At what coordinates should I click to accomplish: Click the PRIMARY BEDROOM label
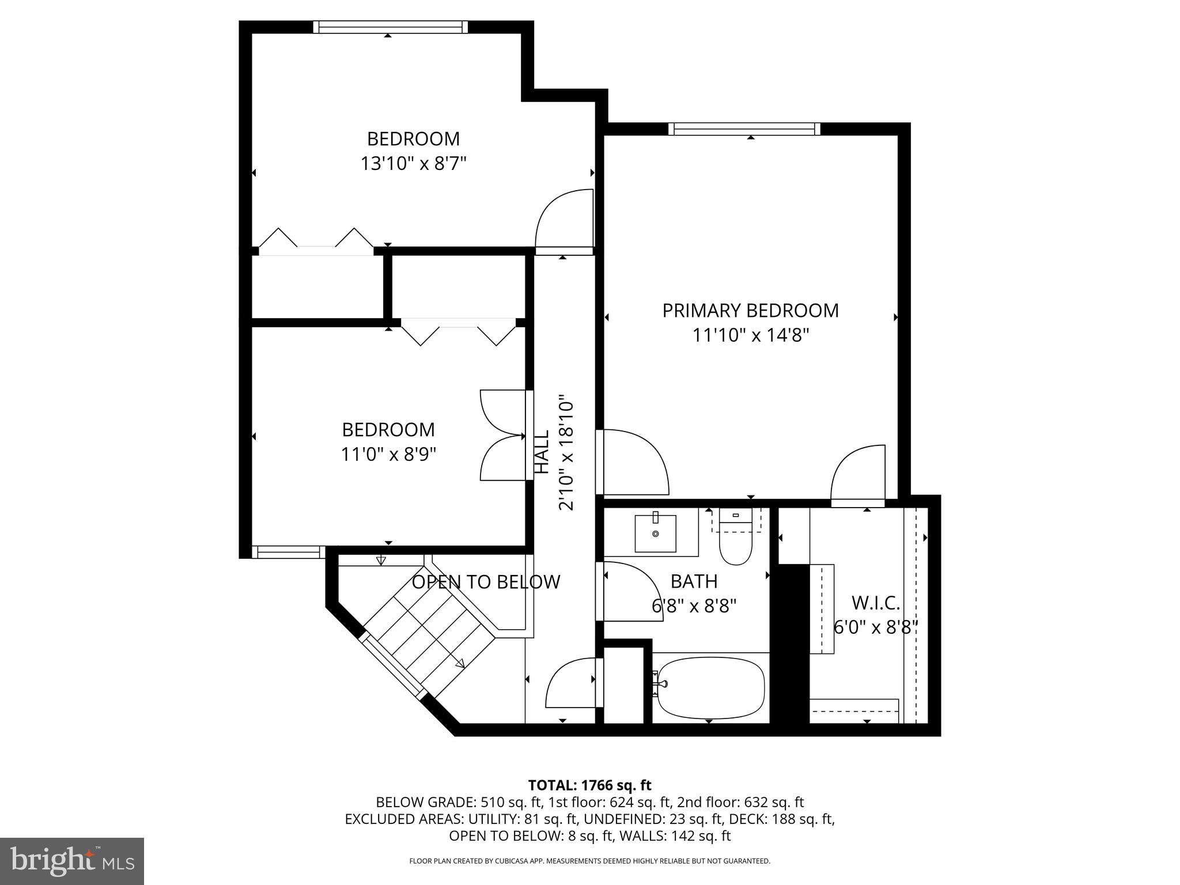(750, 311)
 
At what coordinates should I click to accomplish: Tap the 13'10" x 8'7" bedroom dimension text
(413, 164)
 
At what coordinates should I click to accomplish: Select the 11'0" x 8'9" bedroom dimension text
(388, 455)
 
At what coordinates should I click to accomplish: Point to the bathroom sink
(655, 534)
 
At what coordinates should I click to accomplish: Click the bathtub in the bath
(710, 688)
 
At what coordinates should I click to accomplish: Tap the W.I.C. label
(875, 603)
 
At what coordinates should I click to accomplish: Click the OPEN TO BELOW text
(486, 582)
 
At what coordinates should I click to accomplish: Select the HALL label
(542, 452)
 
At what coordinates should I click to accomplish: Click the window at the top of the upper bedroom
(391, 27)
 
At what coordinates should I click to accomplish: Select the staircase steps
(429, 640)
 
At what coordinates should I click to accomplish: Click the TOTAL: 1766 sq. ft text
(589, 785)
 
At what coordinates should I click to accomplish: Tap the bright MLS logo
(72, 861)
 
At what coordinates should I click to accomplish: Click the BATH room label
(694, 581)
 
